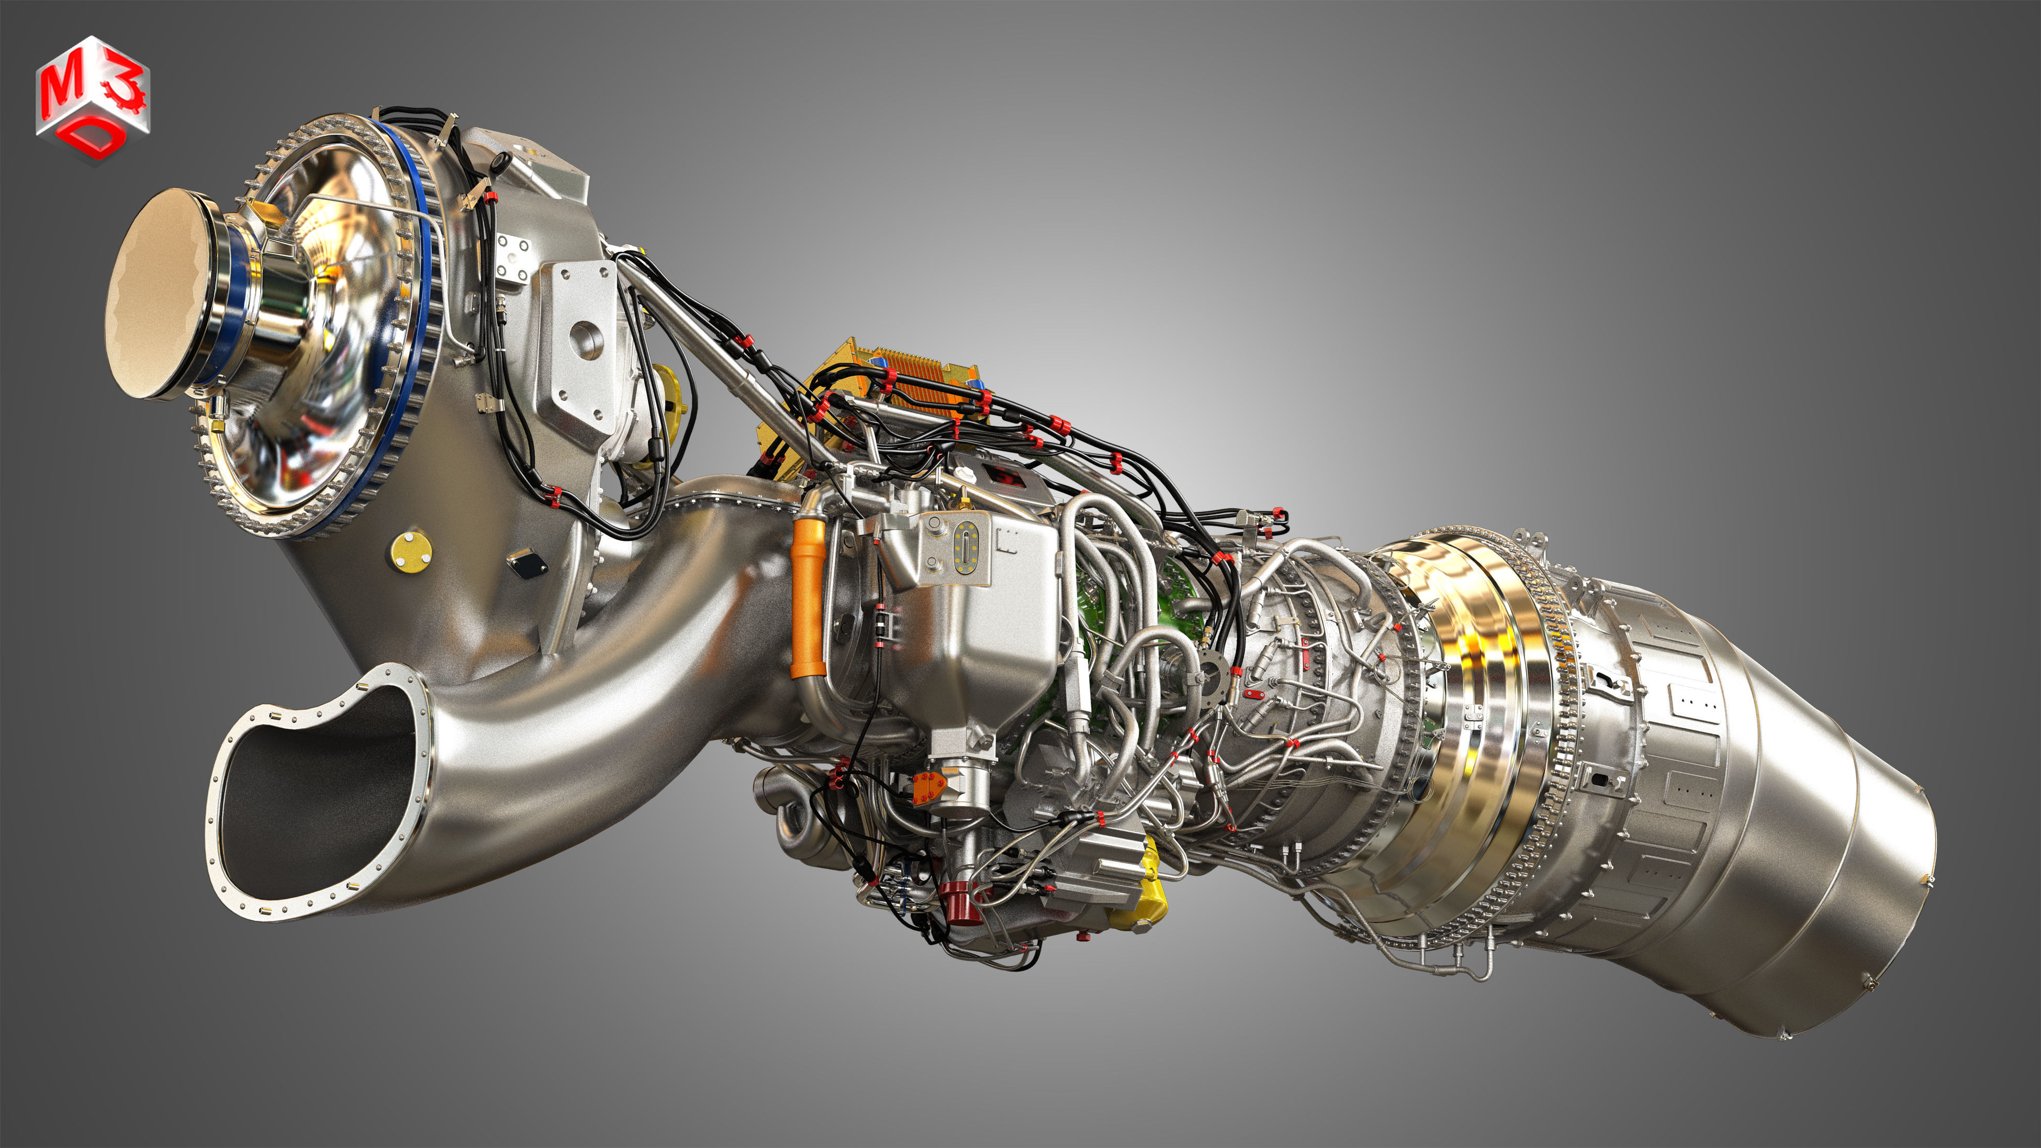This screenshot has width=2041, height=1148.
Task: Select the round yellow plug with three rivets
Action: [410, 551]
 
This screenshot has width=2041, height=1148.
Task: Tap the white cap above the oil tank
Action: [963, 475]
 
